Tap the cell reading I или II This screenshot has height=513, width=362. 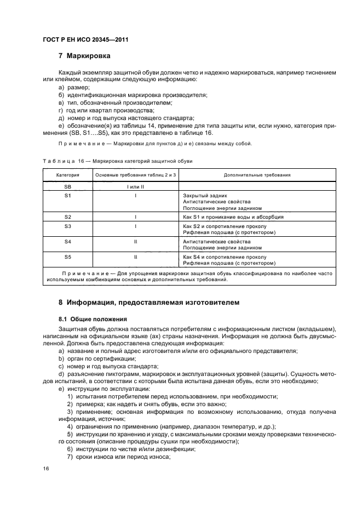(135, 186)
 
